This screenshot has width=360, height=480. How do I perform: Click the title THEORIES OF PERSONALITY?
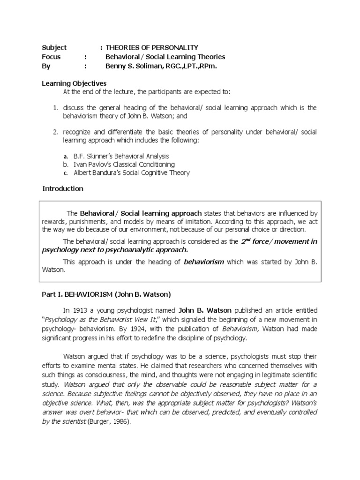[152, 47]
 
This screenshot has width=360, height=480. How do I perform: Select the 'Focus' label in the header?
[52, 57]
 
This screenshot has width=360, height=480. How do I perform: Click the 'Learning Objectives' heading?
[75, 83]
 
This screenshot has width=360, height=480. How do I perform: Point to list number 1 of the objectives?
[55, 108]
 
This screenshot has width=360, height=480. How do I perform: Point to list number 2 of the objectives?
[55, 133]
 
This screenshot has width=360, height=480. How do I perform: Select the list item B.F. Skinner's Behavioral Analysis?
[121, 156]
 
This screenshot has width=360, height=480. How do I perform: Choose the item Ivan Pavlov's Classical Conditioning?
[124, 165]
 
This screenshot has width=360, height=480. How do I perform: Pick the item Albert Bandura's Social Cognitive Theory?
[132, 173]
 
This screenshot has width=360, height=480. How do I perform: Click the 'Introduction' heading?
[63, 189]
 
